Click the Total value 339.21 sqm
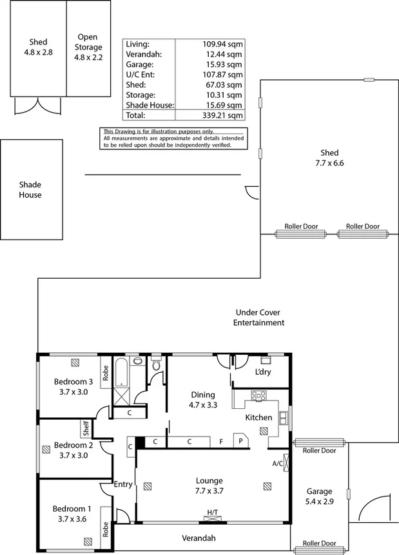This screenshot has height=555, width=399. tap(221, 116)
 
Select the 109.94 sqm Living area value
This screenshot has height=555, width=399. tap(221, 44)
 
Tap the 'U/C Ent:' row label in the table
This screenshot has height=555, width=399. tap(141, 75)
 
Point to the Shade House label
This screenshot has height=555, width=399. tap(30, 189)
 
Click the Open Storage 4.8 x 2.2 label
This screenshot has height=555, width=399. tap(88, 47)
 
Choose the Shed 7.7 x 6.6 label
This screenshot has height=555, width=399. tap(329, 158)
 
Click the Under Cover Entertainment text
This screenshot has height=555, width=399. tap(258, 317)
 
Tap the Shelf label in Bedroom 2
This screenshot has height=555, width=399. tap(84, 428)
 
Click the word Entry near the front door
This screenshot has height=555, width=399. tap(123, 484)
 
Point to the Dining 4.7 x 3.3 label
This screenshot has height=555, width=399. tap(202, 400)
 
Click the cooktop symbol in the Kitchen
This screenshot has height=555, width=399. tap(258, 396)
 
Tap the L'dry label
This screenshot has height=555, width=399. tap(262, 373)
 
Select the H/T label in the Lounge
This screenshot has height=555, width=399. tap(212, 513)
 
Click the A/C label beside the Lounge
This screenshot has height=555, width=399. tap(277, 463)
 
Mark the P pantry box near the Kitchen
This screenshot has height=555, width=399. tap(241, 442)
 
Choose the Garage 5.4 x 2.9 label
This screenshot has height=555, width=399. tap(320, 496)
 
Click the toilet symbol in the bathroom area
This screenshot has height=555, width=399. tap(157, 367)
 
